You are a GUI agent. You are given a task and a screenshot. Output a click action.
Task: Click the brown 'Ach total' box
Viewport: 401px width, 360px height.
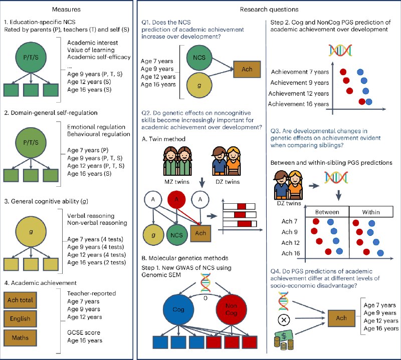click(x=20, y=300)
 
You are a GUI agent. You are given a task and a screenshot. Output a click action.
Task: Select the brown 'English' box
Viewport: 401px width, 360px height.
click(x=20, y=318)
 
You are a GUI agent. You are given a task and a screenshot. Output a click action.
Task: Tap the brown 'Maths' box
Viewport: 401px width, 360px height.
click(x=20, y=338)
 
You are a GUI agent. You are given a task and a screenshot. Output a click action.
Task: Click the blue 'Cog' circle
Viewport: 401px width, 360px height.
click(x=178, y=309)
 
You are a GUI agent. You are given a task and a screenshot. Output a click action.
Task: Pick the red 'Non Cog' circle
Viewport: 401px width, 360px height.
click(x=231, y=309)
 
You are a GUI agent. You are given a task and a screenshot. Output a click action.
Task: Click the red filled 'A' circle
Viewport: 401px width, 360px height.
click(x=176, y=199)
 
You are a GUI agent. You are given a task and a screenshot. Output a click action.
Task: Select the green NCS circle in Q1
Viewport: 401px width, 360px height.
click(x=199, y=58)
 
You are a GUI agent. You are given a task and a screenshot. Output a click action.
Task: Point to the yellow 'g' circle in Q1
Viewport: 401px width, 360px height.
click(x=199, y=86)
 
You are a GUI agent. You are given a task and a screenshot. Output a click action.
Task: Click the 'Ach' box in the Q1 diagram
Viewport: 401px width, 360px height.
click(x=247, y=69)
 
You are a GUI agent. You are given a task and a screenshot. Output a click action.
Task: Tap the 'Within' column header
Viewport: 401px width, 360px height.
click(x=371, y=212)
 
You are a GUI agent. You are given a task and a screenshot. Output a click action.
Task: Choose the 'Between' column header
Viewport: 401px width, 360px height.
click(x=327, y=212)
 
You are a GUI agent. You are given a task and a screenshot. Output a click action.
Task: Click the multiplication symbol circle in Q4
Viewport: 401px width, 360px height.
click(x=284, y=320)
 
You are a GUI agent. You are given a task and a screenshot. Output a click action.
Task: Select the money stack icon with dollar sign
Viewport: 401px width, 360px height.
click(x=284, y=339)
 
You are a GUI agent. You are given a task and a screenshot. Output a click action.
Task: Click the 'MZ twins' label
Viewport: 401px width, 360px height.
click(x=177, y=182)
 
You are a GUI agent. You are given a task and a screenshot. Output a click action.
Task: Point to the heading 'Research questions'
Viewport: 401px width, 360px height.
click(x=269, y=10)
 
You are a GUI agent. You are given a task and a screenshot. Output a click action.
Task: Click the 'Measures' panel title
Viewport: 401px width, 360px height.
click(x=66, y=10)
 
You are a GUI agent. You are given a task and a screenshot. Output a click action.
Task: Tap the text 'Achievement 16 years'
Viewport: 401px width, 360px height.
click(x=298, y=104)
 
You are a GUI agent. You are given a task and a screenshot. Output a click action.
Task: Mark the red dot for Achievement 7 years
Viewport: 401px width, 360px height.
click(x=343, y=72)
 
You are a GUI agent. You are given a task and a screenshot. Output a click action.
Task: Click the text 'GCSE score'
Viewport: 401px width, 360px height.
click(x=84, y=332)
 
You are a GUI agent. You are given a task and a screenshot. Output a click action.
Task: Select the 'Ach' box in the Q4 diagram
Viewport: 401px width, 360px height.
click(x=341, y=318)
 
